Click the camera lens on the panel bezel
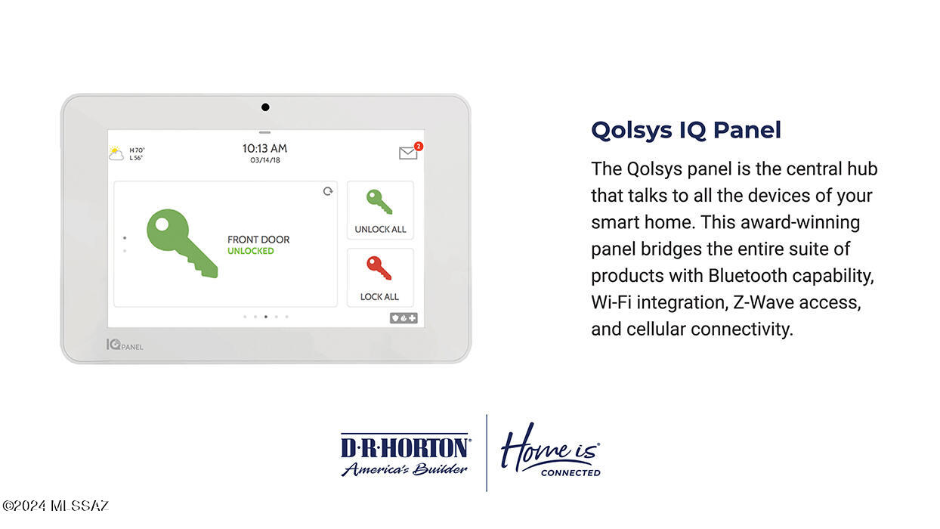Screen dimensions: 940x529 [265, 107]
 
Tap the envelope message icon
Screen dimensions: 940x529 [408, 153]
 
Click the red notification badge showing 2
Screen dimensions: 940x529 [419, 146]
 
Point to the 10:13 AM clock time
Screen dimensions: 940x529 [264, 148]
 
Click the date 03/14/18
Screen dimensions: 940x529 [265, 160]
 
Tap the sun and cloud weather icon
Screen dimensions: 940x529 [116, 153]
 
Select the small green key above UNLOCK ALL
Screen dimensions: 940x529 [379, 202]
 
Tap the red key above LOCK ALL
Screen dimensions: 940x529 [379, 268]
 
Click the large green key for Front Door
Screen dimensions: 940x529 [181, 243]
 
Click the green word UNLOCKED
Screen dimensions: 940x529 [251, 251]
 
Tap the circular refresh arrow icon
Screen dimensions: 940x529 [328, 191]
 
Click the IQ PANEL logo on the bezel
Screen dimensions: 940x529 [125, 345]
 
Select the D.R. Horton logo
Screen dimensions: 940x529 [405, 455]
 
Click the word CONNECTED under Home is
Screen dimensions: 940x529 [570, 473]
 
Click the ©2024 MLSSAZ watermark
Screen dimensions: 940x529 [55, 506]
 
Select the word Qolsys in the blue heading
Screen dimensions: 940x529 [632, 130]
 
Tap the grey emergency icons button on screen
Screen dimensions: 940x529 [404, 318]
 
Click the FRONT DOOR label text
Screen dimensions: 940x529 [258, 240]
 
